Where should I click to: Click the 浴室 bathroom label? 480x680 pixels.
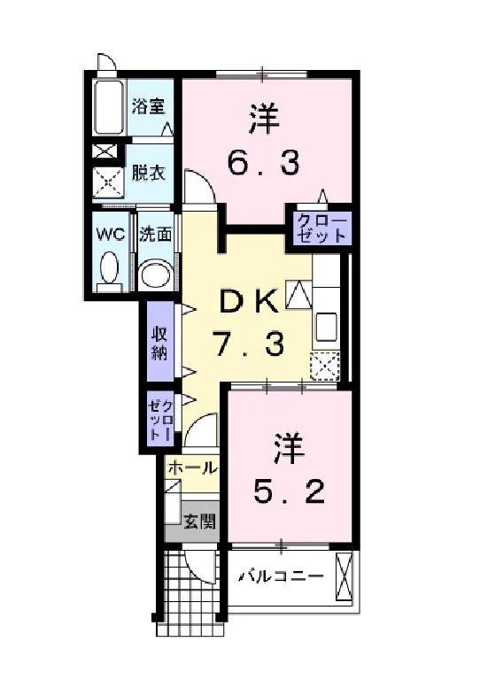149,106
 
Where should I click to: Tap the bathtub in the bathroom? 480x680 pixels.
109,106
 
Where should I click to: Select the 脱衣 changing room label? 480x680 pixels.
148,173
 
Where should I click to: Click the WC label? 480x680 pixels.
111,235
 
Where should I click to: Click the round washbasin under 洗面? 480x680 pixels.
156,274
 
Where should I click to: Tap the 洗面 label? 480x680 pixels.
155,235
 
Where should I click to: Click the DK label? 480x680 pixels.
249,301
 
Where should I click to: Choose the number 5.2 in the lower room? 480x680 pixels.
289,492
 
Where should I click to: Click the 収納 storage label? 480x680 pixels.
159,343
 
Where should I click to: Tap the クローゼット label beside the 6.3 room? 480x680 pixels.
321,228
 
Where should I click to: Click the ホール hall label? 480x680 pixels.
192,467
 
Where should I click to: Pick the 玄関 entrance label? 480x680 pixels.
199,522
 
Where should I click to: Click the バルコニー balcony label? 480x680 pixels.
283,576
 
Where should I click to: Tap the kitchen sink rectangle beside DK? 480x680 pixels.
326,327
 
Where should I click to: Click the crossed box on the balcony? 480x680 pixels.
344,576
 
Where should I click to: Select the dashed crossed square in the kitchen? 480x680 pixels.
325,366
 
